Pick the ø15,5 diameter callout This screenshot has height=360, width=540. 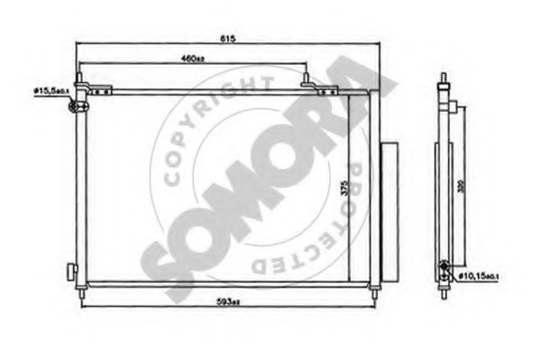coord(46,91)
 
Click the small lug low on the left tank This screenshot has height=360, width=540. coord(70,271)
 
